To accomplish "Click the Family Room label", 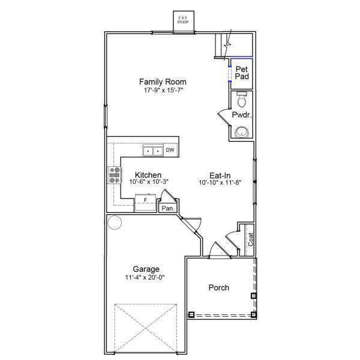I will (x=163, y=81).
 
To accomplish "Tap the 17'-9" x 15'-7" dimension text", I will (x=163, y=90).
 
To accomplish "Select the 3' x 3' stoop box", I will (x=182, y=20).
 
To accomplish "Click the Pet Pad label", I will (x=242, y=73).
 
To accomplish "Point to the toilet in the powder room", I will (x=242, y=98).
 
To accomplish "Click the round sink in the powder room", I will (x=242, y=132).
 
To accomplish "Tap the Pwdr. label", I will (x=241, y=115).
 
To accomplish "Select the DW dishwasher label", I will (x=170, y=150).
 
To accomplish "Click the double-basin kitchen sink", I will (x=152, y=151).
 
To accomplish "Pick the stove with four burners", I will (x=113, y=175).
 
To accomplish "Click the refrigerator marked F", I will (x=145, y=200).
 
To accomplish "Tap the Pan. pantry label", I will (x=167, y=208).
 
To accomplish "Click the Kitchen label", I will (x=147, y=175).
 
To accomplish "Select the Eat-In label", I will (x=220, y=175).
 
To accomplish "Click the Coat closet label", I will (x=251, y=240).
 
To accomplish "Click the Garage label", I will (x=145, y=269).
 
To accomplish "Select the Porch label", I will (x=218, y=287).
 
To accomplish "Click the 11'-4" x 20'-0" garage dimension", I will (x=145, y=278).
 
